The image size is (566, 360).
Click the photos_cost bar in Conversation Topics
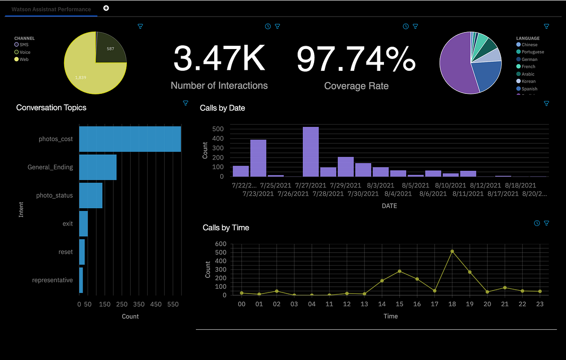[130, 139]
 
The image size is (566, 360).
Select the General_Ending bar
[98, 167]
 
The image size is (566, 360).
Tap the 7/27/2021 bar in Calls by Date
[310, 151]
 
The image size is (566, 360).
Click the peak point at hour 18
[452, 251]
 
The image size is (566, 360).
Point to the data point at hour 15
[400, 271]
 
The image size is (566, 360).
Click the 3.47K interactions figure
[219, 59]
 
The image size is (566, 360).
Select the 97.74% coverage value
[356, 59]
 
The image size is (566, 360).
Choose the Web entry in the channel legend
[24, 59]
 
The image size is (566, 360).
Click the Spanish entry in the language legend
[529, 89]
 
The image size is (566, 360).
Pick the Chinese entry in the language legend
[529, 45]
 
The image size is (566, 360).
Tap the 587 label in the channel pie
[110, 49]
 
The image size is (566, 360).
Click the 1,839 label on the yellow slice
[81, 76]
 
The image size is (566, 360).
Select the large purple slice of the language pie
[455, 66]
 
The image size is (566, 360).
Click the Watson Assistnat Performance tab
[51, 9]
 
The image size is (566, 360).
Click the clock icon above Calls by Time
[537, 223]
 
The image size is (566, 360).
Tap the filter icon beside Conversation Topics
[185, 103]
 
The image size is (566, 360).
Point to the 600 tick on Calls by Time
[221, 244]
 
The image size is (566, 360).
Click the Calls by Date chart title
[222, 108]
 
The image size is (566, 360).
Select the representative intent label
[52, 280]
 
